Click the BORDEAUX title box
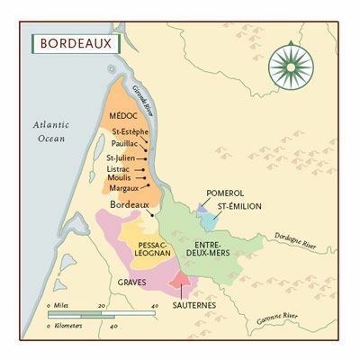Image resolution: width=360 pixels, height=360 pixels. tap(75, 43)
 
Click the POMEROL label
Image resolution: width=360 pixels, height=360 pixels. tap(225, 193)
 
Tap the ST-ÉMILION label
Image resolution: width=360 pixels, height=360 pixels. tap(236, 206)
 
